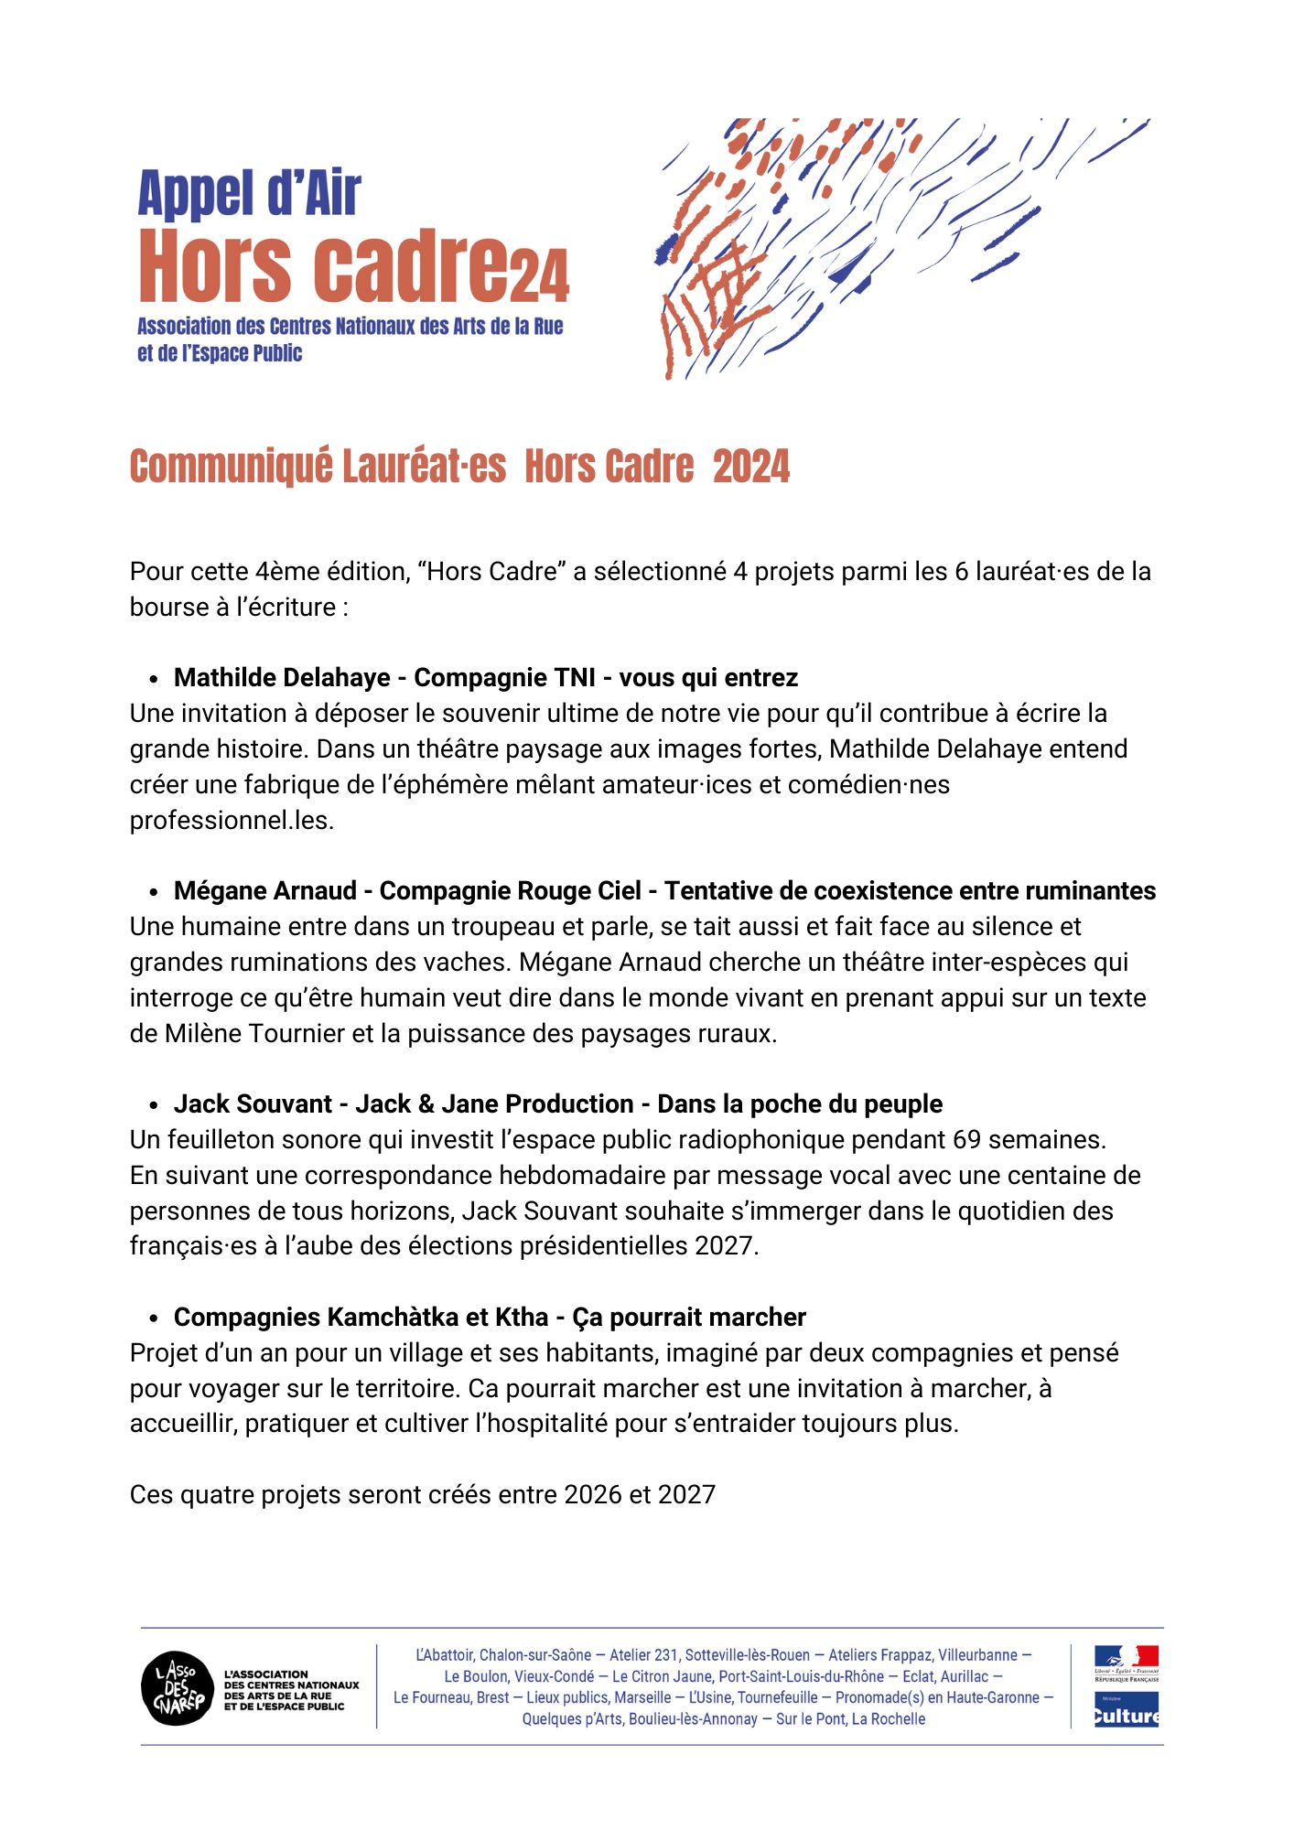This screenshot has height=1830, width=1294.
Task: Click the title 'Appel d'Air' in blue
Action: coord(249,194)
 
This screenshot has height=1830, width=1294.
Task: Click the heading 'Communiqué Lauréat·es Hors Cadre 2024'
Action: coord(459,466)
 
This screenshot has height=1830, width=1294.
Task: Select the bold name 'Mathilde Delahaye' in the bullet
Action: coord(282,678)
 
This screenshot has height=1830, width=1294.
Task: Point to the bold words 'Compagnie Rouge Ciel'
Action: coord(510,891)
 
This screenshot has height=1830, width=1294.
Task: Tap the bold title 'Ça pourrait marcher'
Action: coord(689,1318)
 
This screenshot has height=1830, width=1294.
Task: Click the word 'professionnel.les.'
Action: coord(232,821)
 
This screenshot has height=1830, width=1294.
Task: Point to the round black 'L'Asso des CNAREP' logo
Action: coord(178,1689)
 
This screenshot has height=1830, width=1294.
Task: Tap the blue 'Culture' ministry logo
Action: coord(1126,1709)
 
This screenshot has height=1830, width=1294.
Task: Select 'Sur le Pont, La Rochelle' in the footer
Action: coord(850,1719)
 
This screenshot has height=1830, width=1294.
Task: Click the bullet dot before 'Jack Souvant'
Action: coord(155,1105)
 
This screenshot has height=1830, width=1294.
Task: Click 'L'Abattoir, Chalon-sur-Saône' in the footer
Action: coord(502,1655)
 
